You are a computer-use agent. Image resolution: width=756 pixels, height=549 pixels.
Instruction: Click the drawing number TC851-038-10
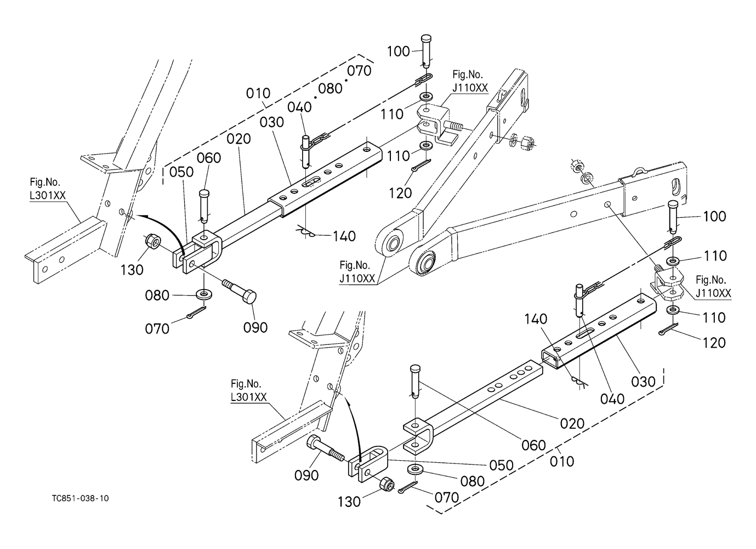coord(80,499)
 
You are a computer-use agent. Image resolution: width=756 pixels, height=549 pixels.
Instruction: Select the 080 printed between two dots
coord(330,88)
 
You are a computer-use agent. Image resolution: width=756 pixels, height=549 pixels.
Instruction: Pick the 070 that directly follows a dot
coord(359,71)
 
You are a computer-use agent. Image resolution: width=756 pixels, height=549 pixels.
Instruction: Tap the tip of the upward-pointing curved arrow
coord(347,394)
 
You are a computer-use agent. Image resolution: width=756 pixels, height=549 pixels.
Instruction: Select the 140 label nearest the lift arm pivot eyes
coord(344,236)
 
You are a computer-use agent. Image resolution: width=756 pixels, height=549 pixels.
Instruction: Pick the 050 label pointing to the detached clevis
coord(501,465)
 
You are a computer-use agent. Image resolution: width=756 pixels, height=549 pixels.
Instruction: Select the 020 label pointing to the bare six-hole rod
coord(572,423)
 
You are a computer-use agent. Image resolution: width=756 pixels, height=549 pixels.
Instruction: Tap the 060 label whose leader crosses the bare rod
coord(533,445)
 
